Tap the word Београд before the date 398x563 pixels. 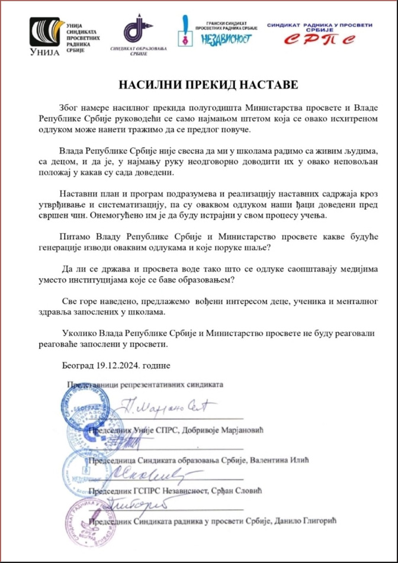78,366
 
